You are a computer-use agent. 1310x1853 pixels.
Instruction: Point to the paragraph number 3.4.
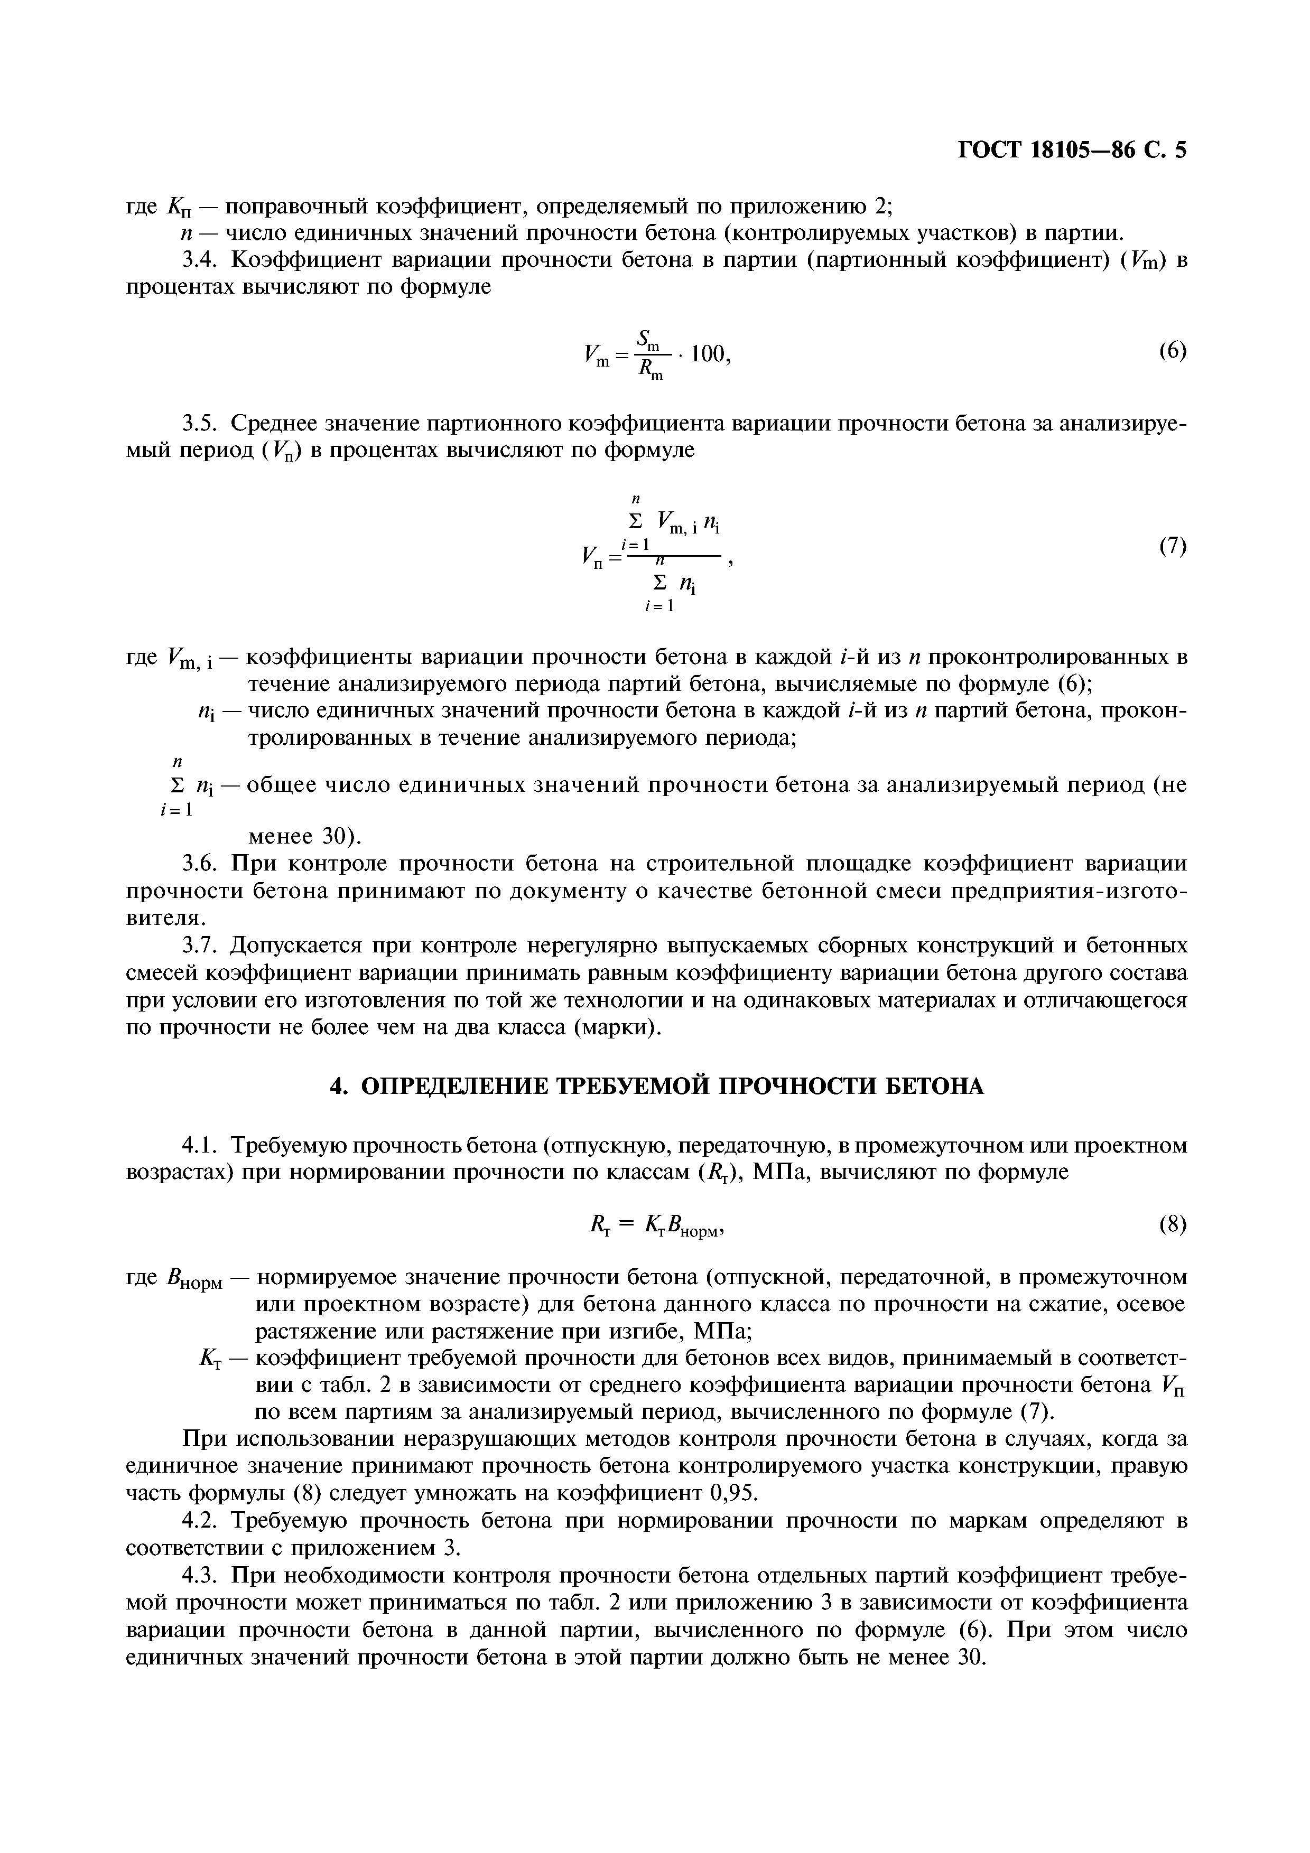click(201, 261)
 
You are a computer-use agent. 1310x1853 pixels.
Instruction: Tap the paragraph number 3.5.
click(201, 423)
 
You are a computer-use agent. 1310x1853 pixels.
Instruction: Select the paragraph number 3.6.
click(201, 864)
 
